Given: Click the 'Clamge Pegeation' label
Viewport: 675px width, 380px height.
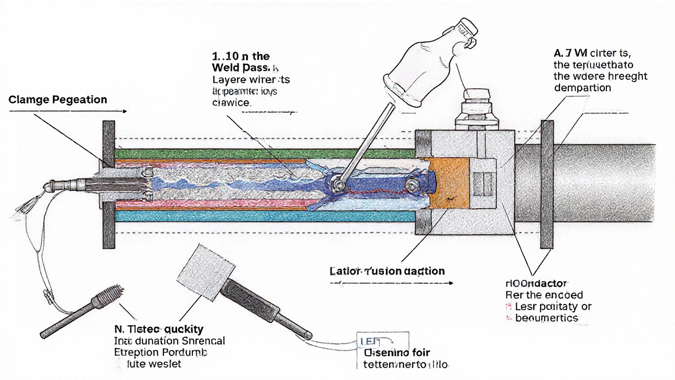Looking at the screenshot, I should (57, 99).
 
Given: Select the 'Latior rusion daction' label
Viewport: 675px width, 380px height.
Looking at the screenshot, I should (388, 271).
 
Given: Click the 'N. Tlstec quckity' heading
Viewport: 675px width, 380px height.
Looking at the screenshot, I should (159, 329).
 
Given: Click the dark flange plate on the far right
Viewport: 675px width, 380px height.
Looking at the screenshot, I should (547, 184).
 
